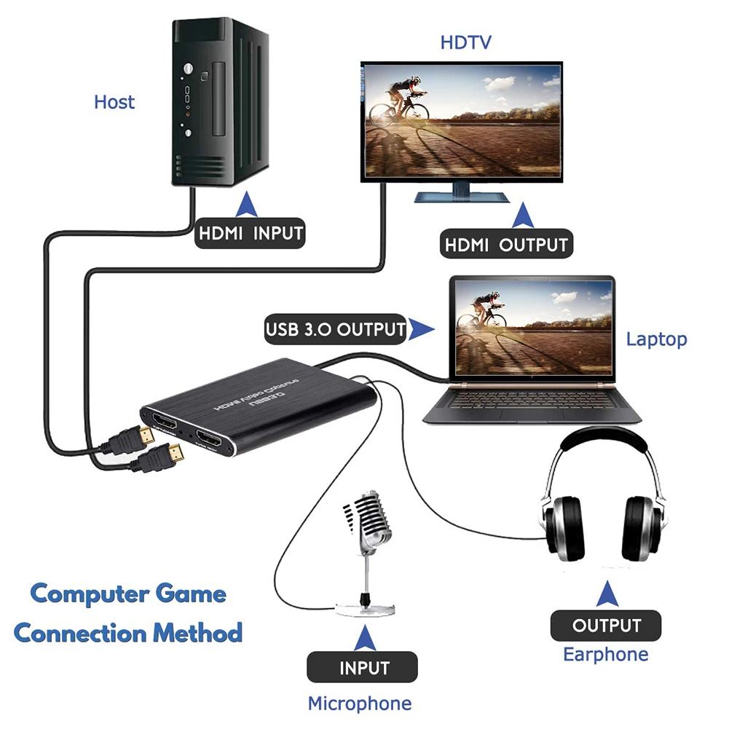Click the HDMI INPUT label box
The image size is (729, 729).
250,234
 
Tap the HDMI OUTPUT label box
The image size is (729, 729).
506,245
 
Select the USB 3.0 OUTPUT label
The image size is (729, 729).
335,328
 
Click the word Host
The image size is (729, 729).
114,102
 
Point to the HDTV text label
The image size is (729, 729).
466,42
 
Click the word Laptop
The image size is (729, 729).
656,339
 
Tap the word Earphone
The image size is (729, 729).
605,654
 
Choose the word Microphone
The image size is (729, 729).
359,704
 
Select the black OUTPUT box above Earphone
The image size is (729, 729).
606,626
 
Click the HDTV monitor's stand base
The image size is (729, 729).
462,197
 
